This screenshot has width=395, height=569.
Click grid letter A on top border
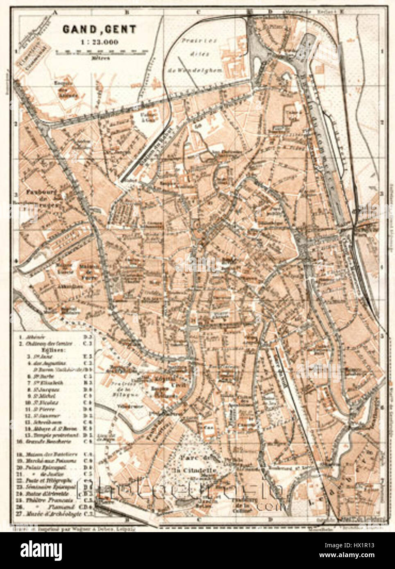54,12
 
